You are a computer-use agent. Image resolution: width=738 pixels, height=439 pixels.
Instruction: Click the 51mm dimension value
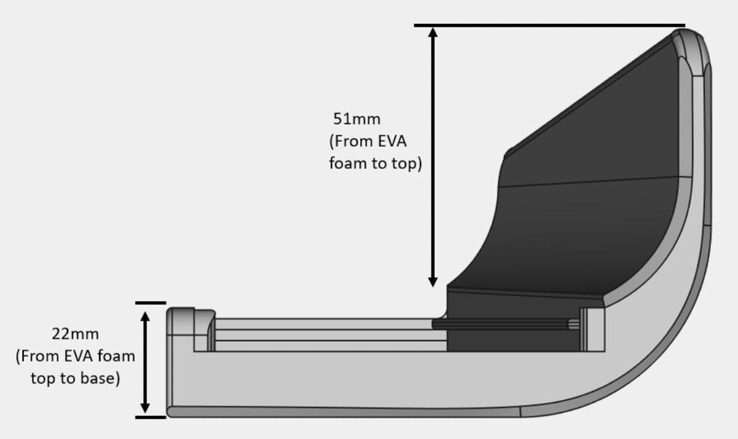(357, 119)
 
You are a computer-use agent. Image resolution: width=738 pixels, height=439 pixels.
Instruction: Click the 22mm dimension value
(75, 334)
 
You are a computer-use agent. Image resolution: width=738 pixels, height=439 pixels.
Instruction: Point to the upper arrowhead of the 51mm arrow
(433, 32)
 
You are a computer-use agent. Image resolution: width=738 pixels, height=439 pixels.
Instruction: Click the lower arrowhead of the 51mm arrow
(433, 282)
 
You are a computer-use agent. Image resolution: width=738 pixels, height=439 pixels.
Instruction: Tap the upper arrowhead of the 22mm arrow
(145, 316)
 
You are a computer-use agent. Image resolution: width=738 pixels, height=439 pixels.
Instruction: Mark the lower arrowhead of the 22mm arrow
(145, 408)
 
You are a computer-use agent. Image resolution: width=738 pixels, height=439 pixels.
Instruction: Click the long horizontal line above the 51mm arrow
(549, 25)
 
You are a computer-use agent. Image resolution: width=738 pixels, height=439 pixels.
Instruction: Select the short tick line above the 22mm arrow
(151, 303)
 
